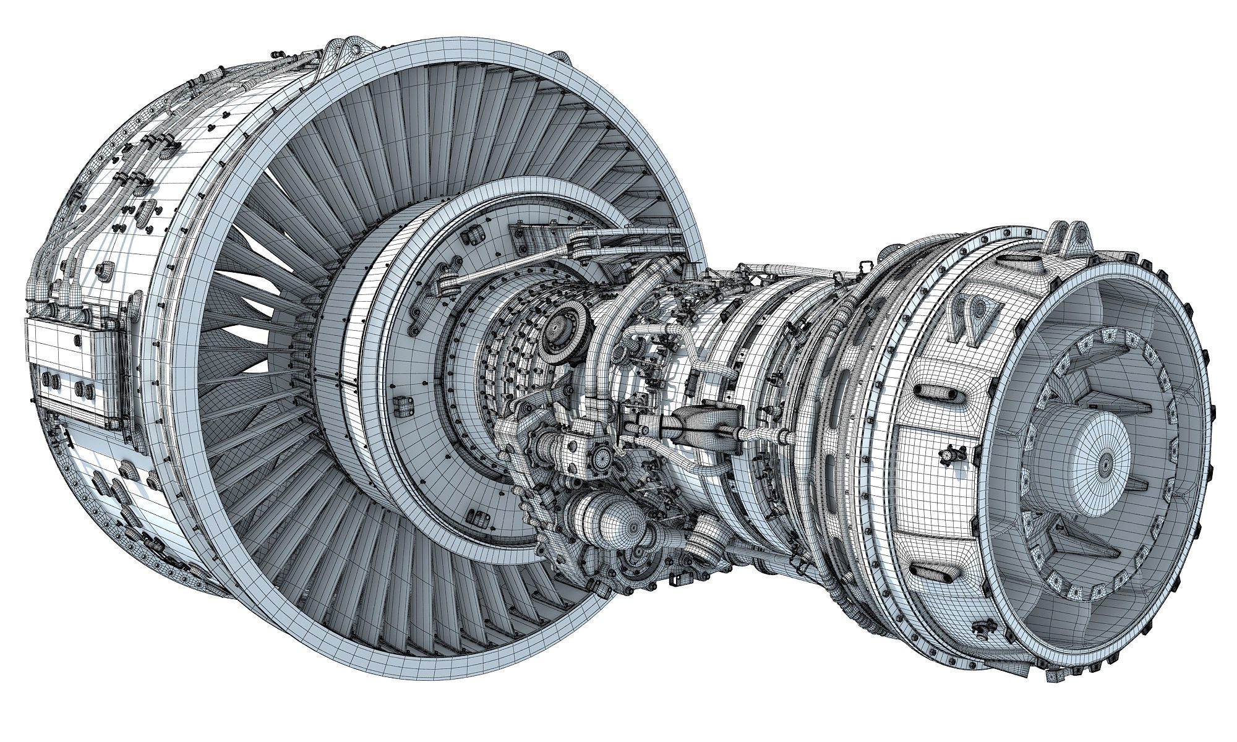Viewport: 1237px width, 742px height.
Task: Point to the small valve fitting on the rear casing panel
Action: click(x=948, y=456)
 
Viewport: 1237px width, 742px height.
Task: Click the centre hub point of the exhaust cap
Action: click(x=1105, y=461)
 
